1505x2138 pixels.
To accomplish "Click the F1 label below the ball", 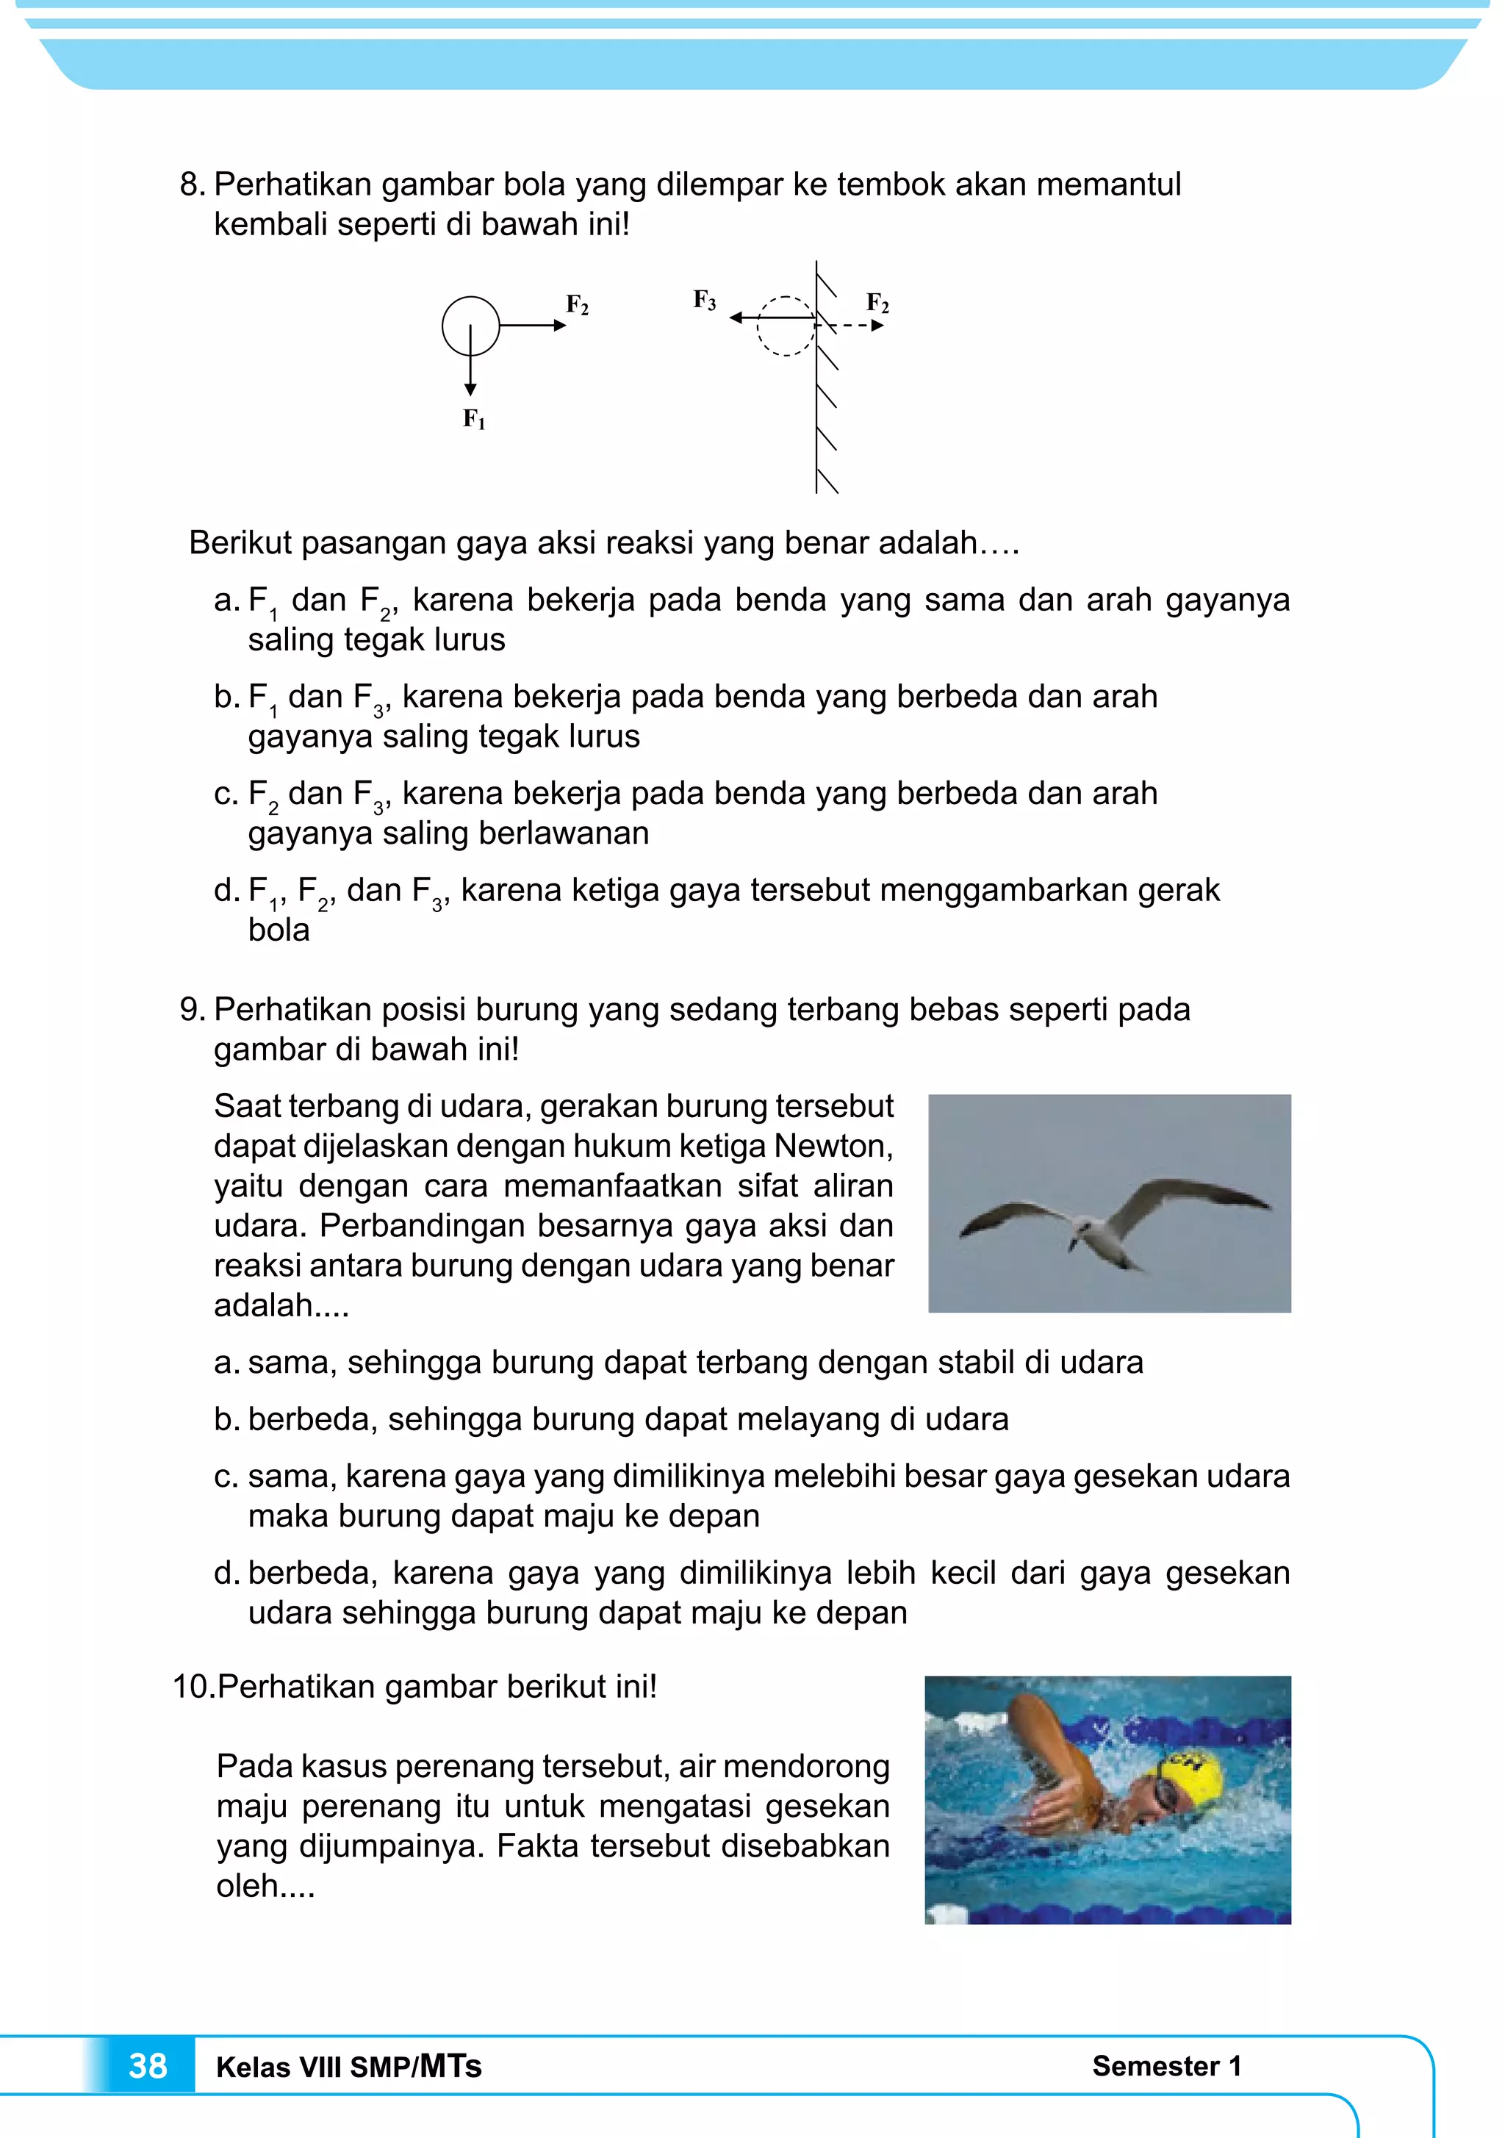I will [474, 420].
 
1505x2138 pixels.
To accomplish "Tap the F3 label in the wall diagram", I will [704, 300].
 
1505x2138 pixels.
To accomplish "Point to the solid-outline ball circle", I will [470, 326].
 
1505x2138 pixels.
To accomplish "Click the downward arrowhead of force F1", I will [470, 388].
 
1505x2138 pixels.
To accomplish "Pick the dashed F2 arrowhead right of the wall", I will [877, 326].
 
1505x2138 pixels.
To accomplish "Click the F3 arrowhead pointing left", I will [736, 318].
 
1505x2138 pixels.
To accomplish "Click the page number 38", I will [147, 2065].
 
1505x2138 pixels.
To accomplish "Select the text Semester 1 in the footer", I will [1166, 2065].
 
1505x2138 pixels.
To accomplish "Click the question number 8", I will [191, 184].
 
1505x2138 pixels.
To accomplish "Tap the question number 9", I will [191, 1009].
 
